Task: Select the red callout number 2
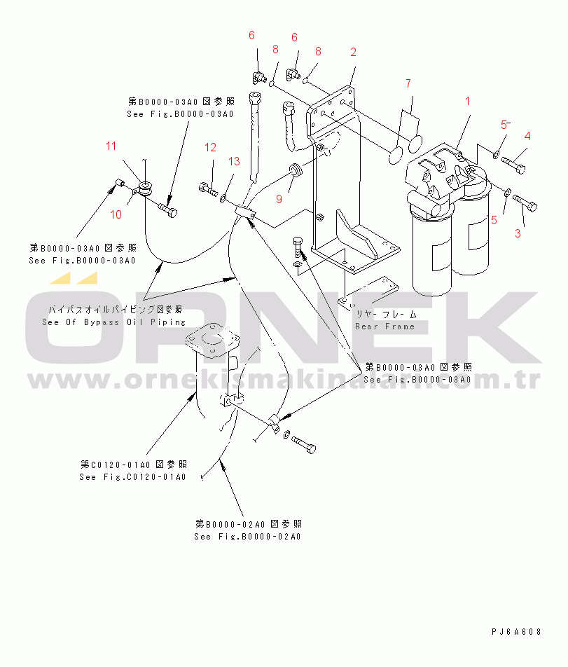pos(354,52)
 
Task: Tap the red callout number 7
pos(408,84)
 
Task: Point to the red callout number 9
pos(279,200)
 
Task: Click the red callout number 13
pos(234,162)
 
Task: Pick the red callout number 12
pos(211,147)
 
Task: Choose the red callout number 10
pos(116,214)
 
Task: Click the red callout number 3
pos(518,233)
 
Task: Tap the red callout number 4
pos(527,136)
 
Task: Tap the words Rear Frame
pos(385,326)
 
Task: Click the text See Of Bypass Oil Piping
pos(114,322)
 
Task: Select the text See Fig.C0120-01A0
pos(132,477)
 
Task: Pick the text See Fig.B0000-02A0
pos(247,537)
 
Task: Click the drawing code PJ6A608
pos(516,632)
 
